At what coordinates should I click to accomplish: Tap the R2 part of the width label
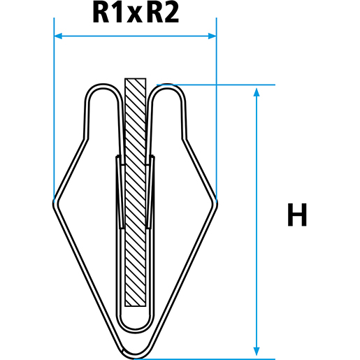coord(162,13)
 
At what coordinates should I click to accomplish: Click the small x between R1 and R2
coord(135,15)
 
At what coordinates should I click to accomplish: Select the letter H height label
coord(297,216)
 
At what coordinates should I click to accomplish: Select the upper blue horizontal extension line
coord(231,85)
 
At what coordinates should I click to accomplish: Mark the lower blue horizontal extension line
coord(210,359)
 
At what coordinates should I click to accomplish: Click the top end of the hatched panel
coord(135,80)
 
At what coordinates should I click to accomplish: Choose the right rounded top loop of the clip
coord(168,89)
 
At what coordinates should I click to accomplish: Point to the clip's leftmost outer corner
coord(55,202)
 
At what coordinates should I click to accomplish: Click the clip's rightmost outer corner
coord(216,202)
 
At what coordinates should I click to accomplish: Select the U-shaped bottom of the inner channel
coord(135,326)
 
